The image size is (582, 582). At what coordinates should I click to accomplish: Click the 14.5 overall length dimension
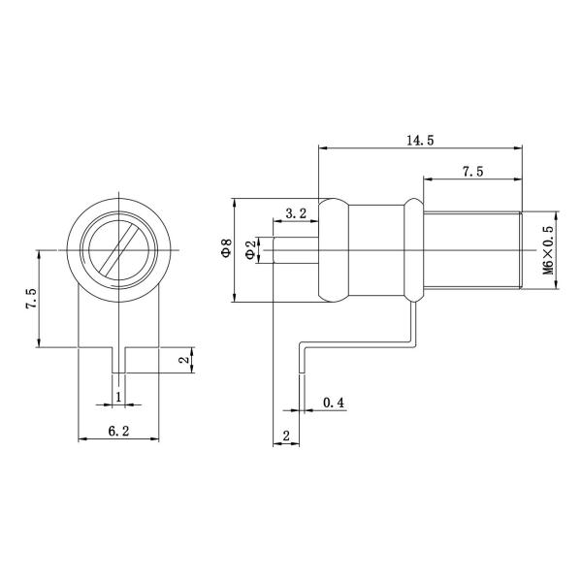(x=419, y=141)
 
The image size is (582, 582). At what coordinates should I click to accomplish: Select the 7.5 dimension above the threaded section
(x=472, y=172)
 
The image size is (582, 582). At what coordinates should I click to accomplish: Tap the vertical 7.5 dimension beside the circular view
(x=31, y=298)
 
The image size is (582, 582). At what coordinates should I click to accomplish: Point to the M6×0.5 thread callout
(x=548, y=251)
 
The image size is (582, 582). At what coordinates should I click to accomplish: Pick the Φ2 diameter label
(x=250, y=250)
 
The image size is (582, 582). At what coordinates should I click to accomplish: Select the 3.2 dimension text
(x=297, y=212)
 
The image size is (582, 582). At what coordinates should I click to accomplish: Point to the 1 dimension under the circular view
(x=118, y=397)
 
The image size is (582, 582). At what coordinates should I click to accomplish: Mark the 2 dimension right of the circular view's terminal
(x=185, y=360)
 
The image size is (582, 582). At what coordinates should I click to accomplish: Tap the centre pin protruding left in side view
(x=297, y=251)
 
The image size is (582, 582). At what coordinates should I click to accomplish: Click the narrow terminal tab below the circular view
(x=117, y=360)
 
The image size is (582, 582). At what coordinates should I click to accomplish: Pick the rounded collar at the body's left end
(x=333, y=251)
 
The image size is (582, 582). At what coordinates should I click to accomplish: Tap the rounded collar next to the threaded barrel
(x=412, y=251)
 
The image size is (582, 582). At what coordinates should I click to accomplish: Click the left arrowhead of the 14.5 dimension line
(x=324, y=148)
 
